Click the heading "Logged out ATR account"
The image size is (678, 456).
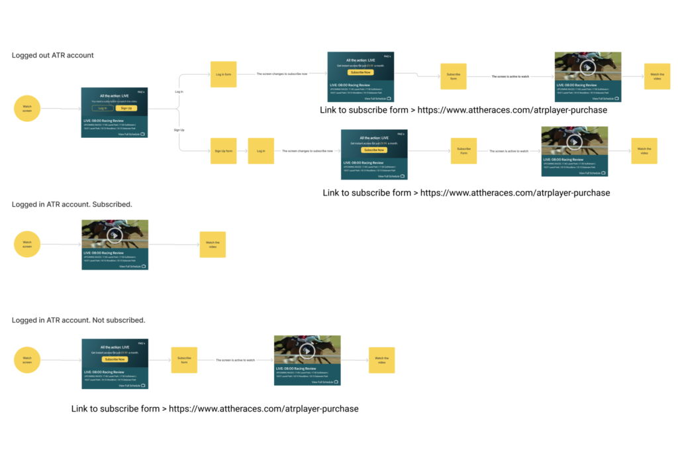pos(52,56)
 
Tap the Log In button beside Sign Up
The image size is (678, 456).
pos(102,108)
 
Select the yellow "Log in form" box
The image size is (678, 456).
pos(223,74)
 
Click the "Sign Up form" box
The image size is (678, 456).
pos(223,151)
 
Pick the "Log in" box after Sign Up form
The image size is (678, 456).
pos(261,151)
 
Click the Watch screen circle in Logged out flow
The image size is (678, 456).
pos(27,108)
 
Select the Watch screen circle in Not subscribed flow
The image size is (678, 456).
pos(27,360)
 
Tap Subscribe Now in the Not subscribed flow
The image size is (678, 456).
pos(115,359)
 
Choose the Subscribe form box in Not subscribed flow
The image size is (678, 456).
pos(184,360)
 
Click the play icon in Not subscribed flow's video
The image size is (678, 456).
pos(307,351)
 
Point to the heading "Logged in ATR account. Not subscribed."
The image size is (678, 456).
pos(78,320)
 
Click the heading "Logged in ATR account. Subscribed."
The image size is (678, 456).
pos(72,204)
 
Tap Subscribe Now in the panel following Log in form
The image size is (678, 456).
pos(360,72)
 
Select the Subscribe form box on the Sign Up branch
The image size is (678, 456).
pos(463,151)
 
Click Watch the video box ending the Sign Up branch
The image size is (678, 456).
pos(644,151)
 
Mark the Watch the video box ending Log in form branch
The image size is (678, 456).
pos(656,77)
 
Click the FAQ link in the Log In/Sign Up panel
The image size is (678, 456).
pos(141,92)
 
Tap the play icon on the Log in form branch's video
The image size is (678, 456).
pos(587,66)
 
